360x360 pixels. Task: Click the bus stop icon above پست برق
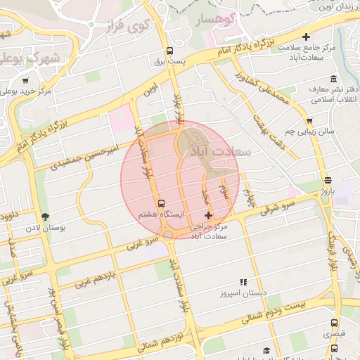click(169, 51)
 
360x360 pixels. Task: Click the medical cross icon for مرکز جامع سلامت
click(305, 37)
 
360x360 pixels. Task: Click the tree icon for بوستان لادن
click(46, 217)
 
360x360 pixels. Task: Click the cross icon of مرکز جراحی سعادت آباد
click(207, 215)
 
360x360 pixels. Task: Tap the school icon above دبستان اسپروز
click(243, 281)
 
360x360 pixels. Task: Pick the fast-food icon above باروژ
click(328, 180)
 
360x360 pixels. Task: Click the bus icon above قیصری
click(334, 323)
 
